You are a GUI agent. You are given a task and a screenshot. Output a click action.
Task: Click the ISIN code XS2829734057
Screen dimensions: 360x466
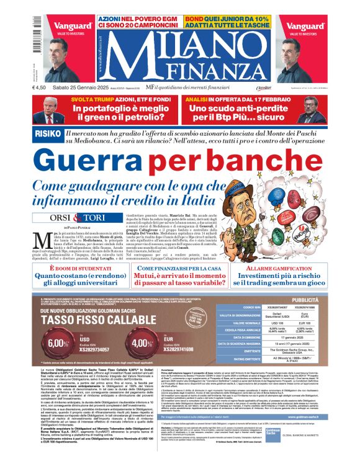click(95, 350)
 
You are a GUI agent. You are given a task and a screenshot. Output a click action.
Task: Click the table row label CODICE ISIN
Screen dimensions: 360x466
click(253, 307)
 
